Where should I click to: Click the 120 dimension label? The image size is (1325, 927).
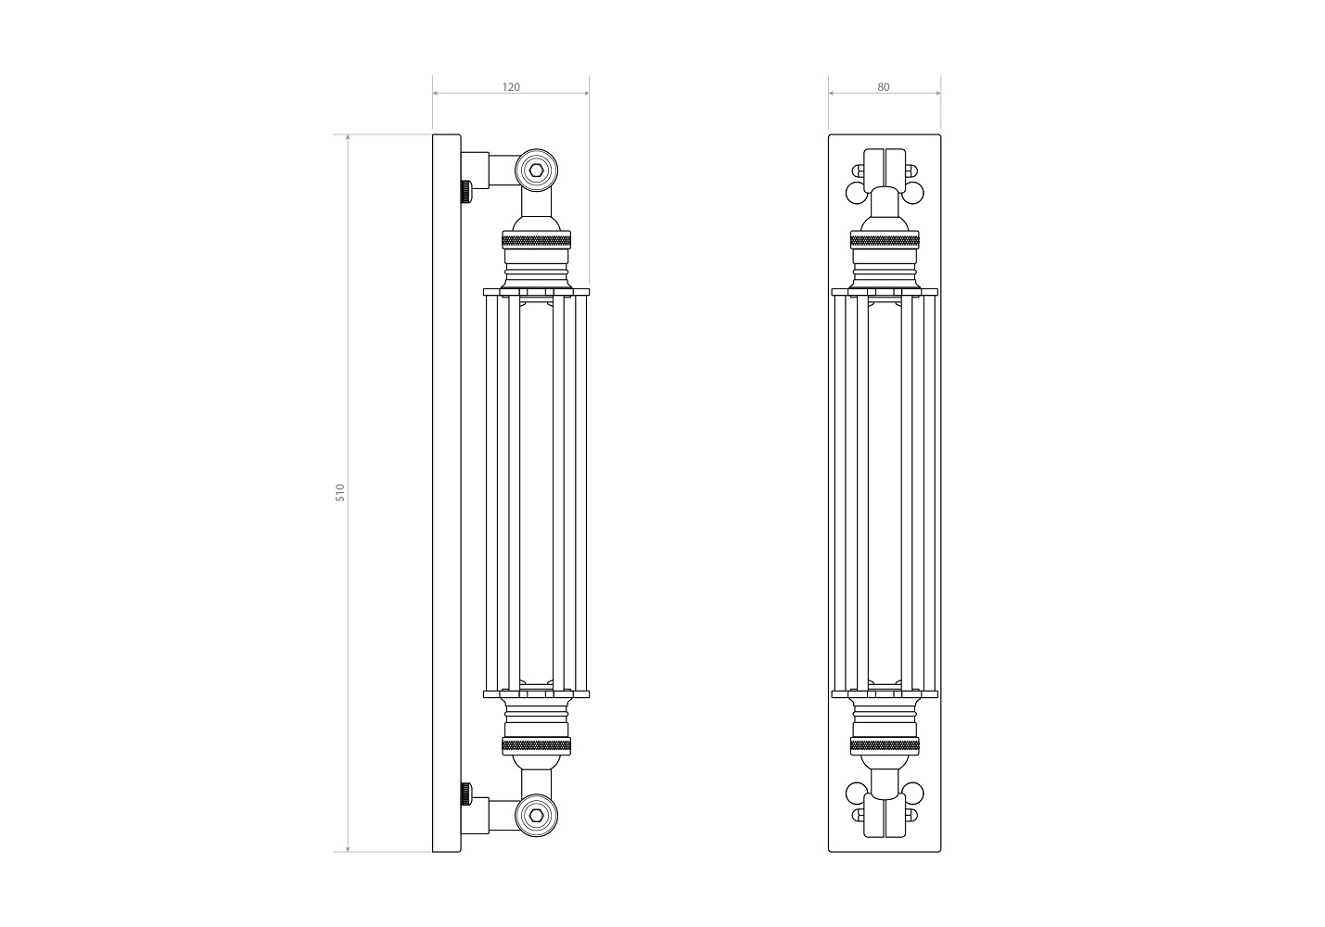511,87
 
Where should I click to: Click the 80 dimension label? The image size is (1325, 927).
883,87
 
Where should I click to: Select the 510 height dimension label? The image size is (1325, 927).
340,492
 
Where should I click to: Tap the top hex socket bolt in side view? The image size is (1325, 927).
537,171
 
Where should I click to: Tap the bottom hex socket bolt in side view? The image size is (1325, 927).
537,815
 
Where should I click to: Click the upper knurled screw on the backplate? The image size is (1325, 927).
466,191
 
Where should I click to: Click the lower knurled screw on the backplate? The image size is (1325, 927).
466,794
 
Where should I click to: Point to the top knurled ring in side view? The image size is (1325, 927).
537,239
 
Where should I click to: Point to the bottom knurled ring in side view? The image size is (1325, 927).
537,746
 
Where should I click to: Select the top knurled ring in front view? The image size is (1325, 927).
885,239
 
